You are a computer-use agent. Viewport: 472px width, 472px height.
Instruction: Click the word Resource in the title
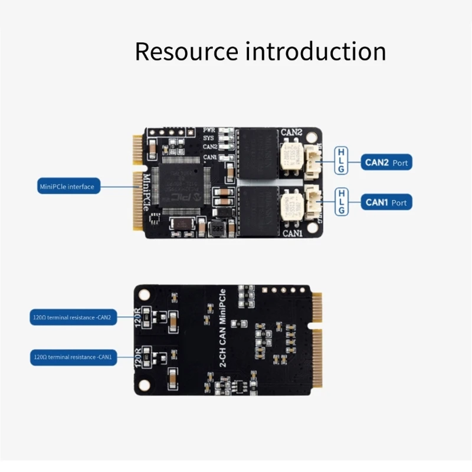[x=186, y=51]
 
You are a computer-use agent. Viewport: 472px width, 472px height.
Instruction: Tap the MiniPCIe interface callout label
[x=67, y=186]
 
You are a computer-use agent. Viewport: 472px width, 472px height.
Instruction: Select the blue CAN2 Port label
[x=386, y=162]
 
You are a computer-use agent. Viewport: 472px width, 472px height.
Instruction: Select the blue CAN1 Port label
[x=386, y=202]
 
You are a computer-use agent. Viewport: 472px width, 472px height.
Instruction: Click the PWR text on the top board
[x=209, y=129]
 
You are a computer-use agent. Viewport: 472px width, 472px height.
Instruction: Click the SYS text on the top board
[x=208, y=137]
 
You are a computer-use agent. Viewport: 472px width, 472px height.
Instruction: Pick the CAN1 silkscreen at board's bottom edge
[x=292, y=233]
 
